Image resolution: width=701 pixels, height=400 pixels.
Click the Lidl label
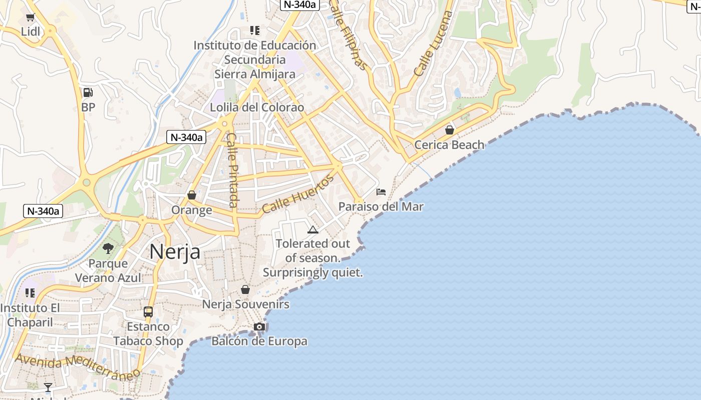tap(30, 32)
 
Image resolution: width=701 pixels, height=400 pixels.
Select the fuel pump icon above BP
tap(88, 92)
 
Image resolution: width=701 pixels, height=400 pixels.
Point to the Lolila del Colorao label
tap(257, 107)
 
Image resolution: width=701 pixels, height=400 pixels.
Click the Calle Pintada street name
tap(232, 170)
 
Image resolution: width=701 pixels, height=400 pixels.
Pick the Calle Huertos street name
tap(297, 194)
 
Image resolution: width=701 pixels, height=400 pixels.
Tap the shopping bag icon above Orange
tap(191, 195)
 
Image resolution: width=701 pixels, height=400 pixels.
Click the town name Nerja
tap(175, 251)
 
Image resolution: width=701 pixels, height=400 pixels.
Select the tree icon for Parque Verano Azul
tap(108, 248)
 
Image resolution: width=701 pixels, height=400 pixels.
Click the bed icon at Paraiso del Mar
tap(381, 191)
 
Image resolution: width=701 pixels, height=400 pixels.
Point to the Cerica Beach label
tap(449, 145)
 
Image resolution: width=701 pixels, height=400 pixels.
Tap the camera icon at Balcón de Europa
tap(259, 327)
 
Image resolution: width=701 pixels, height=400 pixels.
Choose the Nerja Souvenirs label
tap(245, 304)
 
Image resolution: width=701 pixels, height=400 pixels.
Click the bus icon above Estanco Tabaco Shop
tap(148, 312)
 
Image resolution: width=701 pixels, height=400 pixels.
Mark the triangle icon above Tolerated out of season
tap(313, 230)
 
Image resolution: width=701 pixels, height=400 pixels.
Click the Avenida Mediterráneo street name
tap(77, 366)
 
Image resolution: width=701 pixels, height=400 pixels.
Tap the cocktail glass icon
tap(48, 387)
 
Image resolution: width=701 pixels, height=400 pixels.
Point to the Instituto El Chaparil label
tap(30, 315)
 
